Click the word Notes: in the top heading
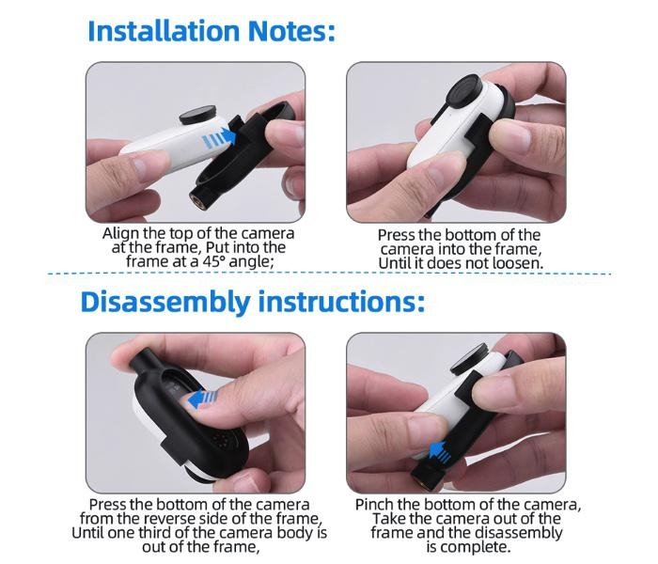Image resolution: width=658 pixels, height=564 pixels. pyautogui.click(x=291, y=31)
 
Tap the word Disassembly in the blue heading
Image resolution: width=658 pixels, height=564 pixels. pyautogui.click(x=165, y=302)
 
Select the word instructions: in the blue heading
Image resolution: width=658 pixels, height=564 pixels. pyautogui.click(x=341, y=302)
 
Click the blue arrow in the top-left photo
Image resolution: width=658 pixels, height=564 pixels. pyautogui.click(x=219, y=138)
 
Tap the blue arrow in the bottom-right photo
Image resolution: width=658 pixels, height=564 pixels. pyautogui.click(x=440, y=452)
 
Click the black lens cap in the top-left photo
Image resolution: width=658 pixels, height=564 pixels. pyautogui.click(x=198, y=115)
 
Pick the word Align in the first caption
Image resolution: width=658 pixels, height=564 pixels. pyautogui.click(x=120, y=234)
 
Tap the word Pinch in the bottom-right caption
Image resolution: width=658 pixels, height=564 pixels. pyautogui.click(x=374, y=505)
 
